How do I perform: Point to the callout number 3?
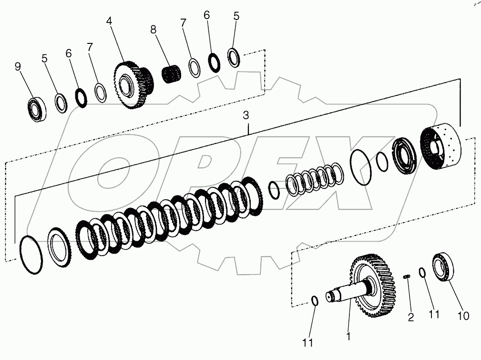point(246,115)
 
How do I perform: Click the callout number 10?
point(463,316)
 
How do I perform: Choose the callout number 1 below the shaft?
point(348,337)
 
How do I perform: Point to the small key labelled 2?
point(406,277)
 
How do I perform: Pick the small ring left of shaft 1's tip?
point(315,300)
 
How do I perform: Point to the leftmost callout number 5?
point(44,59)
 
